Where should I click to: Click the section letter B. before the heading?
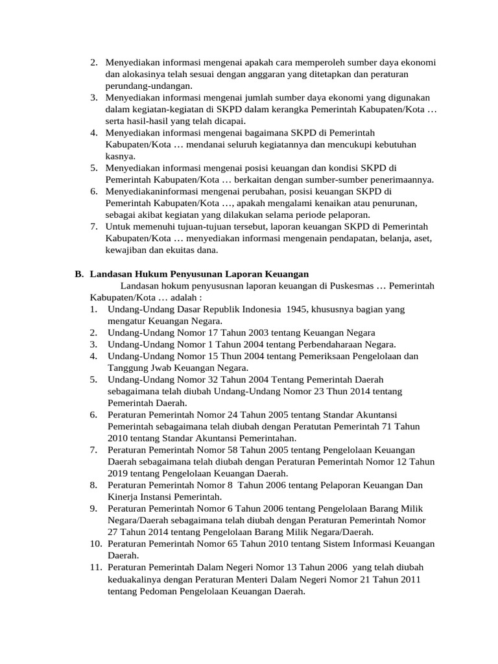tap(79, 274)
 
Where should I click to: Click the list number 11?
tap(96, 566)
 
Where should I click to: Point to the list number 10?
tap(96, 543)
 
